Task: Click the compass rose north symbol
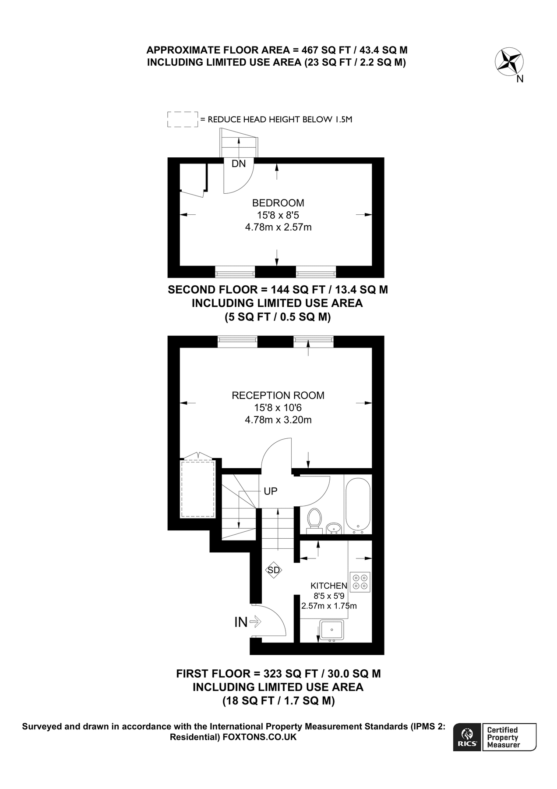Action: click(x=509, y=61)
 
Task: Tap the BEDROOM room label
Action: click(x=278, y=203)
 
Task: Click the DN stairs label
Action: click(x=239, y=164)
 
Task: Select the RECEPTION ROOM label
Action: click(x=278, y=395)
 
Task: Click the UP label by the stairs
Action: click(x=270, y=491)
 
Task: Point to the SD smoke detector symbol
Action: click(x=274, y=570)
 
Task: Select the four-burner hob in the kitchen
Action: click(x=360, y=582)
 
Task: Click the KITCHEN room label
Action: click(x=329, y=586)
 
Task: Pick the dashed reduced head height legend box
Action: click(x=183, y=119)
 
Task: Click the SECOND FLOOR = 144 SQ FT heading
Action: click(x=278, y=290)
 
